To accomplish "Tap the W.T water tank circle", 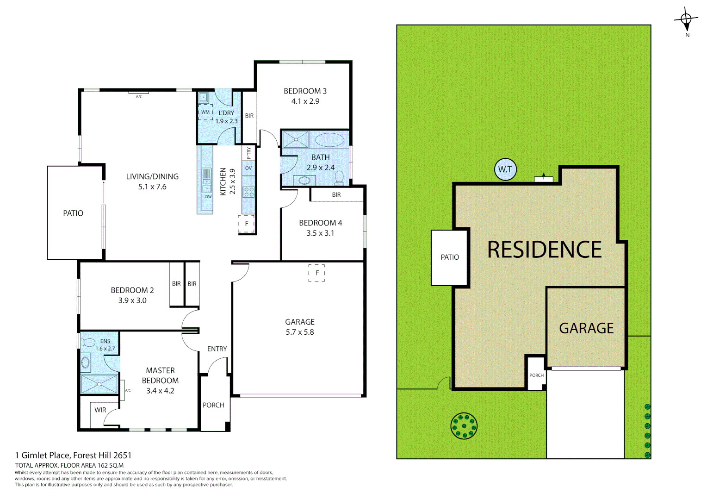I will tap(505, 169).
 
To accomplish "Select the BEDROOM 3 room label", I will tap(305, 91).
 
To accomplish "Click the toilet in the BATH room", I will tap(339, 177).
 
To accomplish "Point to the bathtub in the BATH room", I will tap(329, 139).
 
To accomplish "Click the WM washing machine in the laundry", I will tap(205, 112).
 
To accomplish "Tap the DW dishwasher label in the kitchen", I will tap(208, 197).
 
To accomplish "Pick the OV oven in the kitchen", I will tap(248, 168).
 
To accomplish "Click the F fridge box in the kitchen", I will tap(247, 224).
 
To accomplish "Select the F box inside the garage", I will tap(317, 273).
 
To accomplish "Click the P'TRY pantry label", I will tap(249, 153).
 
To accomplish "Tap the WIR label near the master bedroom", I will tap(100, 410).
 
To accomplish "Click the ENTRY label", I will tap(217, 349).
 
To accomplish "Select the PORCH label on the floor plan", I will tap(213, 405).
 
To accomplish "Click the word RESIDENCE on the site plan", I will tap(544, 250).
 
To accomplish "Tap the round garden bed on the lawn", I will tap(464, 425).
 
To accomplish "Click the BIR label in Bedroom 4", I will tap(336, 195).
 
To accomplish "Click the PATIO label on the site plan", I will tap(450, 257).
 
